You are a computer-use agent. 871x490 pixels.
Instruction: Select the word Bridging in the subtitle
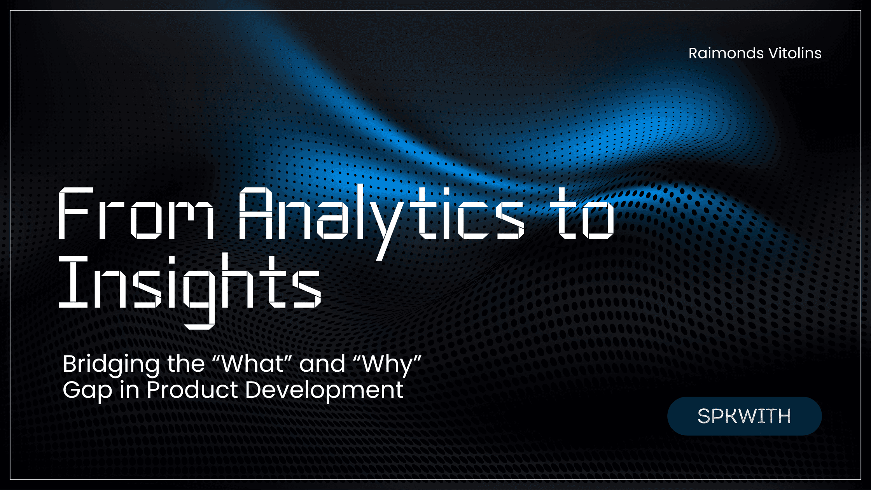111,364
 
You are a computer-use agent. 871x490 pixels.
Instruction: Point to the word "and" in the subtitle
322,364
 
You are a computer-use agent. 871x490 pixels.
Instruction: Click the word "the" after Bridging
186,364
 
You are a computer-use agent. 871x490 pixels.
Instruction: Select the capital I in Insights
73,282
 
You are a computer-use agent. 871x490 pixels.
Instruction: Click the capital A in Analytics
255,213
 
